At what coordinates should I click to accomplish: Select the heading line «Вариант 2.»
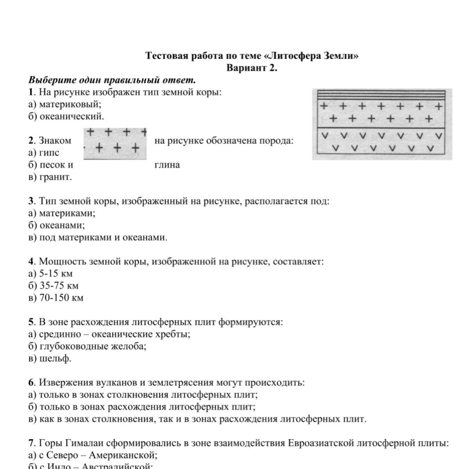pos(252,68)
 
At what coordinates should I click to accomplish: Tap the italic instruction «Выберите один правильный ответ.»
pos(112,81)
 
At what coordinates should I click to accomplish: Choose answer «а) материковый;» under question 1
pos(65,104)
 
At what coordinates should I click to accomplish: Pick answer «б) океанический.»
pos(67,116)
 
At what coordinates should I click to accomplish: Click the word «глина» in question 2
pos(167,165)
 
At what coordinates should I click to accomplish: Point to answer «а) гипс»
pos(44,153)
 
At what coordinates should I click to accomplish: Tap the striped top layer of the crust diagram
pos(382,95)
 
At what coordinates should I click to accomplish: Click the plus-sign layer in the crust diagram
pos(382,113)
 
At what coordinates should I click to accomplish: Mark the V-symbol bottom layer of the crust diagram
pos(382,142)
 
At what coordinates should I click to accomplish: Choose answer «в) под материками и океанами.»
pos(98,238)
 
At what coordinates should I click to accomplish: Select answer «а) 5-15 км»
pos(51,274)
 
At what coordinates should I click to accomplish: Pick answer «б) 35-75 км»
pos(53,286)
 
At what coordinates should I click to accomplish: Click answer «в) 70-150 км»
pos(56,298)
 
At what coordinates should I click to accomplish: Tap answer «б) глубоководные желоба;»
pos(87,346)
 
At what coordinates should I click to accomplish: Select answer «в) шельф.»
pos(50,358)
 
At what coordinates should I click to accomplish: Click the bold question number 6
pos(31,383)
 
